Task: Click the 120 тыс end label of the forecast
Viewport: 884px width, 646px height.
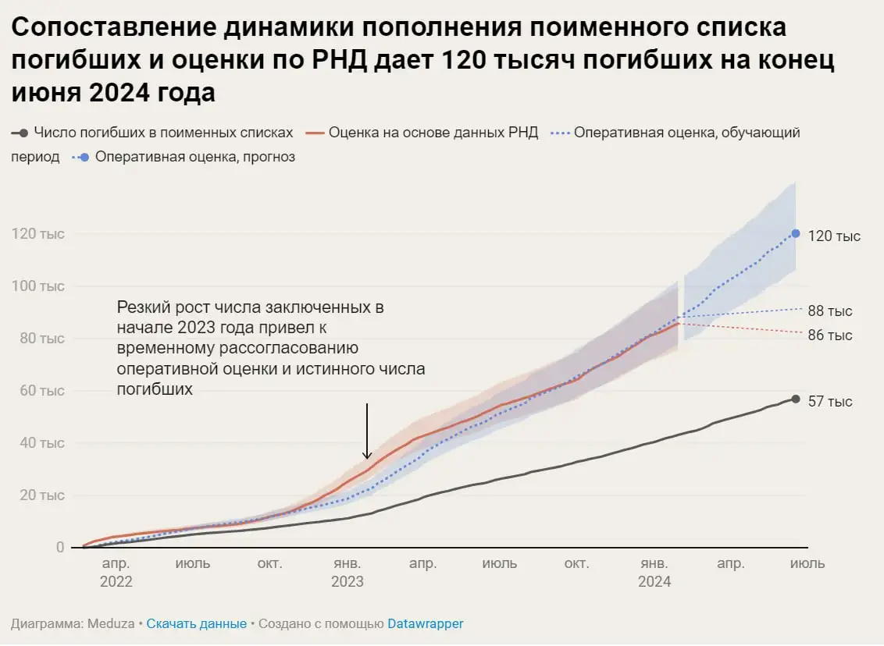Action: point(834,236)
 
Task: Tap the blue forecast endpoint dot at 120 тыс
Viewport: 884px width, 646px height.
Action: point(796,233)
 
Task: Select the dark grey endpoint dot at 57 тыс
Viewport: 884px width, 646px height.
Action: point(796,399)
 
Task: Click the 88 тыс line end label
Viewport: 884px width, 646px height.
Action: point(829,311)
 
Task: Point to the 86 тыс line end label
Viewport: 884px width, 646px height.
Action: point(829,335)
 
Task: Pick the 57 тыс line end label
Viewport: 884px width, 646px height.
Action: point(829,402)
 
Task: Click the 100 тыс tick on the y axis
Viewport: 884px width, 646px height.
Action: point(37,286)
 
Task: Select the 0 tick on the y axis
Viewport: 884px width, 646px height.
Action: point(59,548)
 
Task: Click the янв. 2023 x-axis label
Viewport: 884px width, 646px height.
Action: point(348,573)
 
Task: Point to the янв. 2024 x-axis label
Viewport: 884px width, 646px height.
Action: point(654,573)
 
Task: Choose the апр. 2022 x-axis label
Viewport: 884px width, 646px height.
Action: point(116,573)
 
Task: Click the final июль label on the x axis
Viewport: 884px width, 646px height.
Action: point(807,563)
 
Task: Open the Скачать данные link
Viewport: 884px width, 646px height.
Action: point(196,624)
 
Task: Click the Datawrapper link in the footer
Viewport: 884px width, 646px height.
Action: point(425,624)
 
